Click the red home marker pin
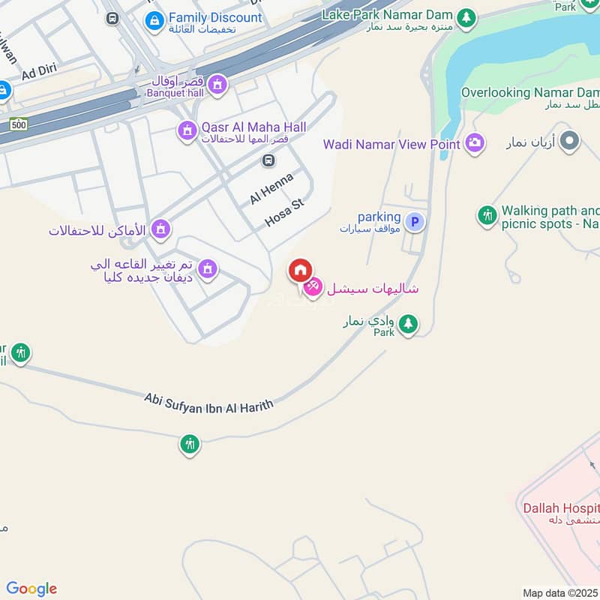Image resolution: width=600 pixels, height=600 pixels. (300, 270)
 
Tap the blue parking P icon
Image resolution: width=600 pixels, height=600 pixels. (414, 222)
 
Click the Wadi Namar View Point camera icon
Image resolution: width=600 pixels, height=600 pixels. (474, 142)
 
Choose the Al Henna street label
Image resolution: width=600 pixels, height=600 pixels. (271, 187)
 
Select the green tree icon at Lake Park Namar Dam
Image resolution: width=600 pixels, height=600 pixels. (466, 16)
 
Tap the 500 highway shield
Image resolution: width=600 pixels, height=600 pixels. (19, 124)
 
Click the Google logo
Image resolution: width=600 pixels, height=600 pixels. (31, 589)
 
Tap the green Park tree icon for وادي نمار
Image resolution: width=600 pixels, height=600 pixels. (408, 324)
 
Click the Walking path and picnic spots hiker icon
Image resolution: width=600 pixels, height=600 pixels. (487, 216)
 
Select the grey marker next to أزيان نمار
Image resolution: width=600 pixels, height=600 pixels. (571, 139)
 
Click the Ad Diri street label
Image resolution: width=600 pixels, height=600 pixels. (38, 75)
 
